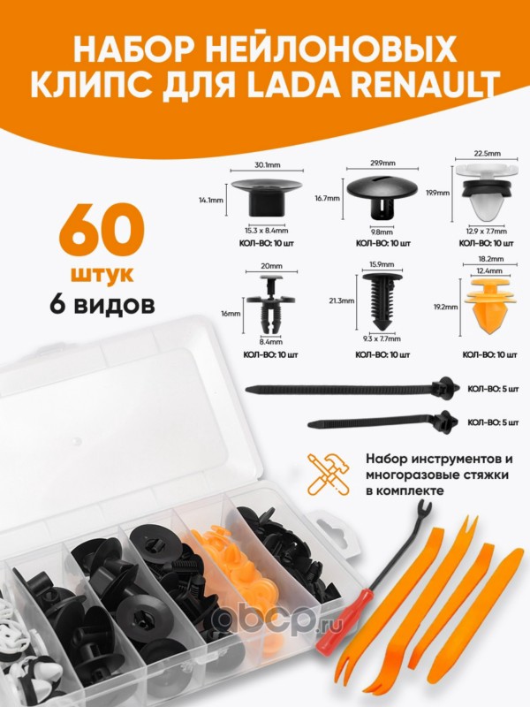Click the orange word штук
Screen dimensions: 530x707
(104, 275)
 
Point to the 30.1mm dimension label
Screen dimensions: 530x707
(268, 164)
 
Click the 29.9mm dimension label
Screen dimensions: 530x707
(382, 163)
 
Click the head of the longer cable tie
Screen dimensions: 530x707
(445, 388)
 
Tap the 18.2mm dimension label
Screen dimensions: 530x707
(491, 259)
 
